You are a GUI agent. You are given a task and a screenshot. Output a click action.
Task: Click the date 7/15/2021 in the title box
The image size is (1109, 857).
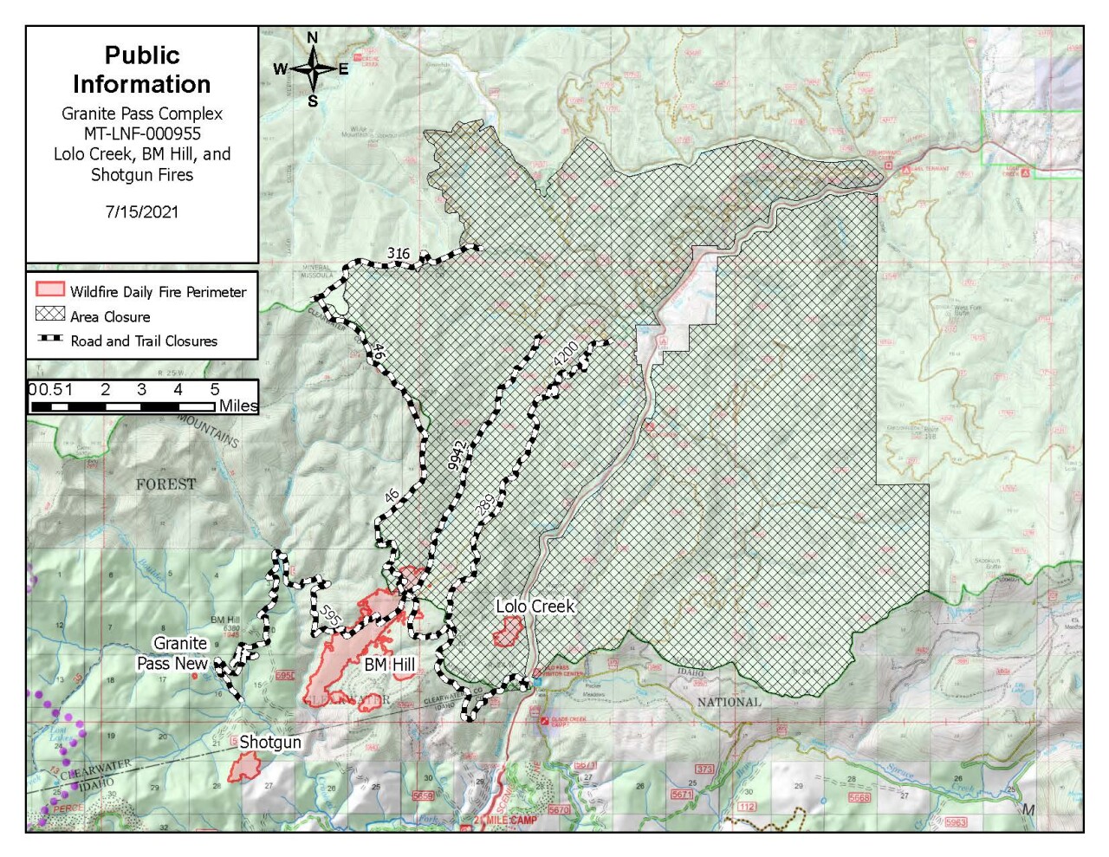tap(141, 211)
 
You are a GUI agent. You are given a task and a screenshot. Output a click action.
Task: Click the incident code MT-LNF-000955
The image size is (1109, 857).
tap(142, 133)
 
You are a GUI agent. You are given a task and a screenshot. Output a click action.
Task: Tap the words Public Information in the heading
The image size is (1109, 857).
tap(142, 69)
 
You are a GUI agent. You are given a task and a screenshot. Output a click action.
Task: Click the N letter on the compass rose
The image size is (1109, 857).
tap(313, 37)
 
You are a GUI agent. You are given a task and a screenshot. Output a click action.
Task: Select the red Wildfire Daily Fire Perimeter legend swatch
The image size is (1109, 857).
tap(50, 289)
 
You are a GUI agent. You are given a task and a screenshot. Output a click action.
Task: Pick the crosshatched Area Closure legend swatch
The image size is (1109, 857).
tap(50, 314)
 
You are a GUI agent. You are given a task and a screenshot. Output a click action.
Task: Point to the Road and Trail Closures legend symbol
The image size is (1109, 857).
tap(50, 339)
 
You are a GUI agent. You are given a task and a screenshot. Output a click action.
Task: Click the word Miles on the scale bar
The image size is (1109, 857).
tap(238, 406)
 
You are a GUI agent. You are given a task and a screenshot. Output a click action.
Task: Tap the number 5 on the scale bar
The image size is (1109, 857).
tap(215, 390)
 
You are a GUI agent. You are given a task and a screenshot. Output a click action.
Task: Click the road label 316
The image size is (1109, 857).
tap(399, 253)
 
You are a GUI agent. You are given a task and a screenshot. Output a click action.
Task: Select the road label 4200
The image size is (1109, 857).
tap(565, 354)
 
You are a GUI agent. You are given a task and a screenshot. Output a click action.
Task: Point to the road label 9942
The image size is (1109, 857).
tap(457, 455)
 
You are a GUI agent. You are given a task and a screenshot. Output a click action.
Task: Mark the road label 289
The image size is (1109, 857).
tap(486, 504)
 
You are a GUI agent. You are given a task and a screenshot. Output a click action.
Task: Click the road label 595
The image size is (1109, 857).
tap(330, 615)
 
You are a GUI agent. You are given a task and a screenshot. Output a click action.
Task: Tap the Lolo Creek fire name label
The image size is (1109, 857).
tap(535, 606)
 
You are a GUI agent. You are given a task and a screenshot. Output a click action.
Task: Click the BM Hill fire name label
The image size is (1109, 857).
tap(389, 665)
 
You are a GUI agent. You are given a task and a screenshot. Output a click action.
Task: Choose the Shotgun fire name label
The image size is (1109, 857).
tap(270, 742)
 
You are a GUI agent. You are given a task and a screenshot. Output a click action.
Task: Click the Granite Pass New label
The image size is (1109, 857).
tap(173, 653)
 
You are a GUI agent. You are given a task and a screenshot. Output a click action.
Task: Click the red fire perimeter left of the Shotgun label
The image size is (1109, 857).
tap(245, 766)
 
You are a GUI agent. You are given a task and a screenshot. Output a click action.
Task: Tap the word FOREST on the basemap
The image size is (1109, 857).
tap(165, 484)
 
